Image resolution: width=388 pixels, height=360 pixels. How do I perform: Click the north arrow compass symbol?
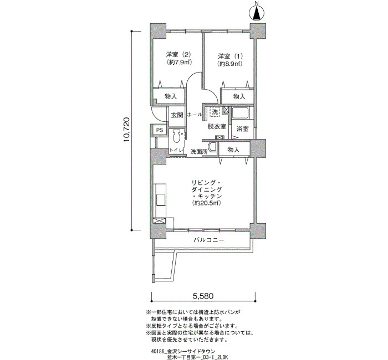[257, 13]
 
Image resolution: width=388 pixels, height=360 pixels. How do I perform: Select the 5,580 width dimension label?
[203, 296]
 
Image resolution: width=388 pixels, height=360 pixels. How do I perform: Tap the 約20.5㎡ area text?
[206, 203]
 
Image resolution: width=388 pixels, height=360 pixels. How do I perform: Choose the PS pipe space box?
[160, 130]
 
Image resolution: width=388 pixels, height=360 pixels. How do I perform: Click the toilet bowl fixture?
[177, 136]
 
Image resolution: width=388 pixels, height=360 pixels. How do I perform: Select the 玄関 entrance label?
[177, 115]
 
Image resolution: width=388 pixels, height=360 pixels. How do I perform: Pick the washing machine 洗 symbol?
[215, 112]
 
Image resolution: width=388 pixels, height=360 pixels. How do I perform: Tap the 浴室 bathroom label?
[243, 129]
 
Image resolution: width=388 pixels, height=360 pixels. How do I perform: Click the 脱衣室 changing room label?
[217, 126]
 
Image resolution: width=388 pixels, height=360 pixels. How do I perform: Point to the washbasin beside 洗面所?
[212, 148]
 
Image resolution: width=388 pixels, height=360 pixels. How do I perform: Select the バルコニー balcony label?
[209, 240]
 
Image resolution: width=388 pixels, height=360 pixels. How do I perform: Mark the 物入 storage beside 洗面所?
[234, 150]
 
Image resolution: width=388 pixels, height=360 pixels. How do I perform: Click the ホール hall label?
[195, 115]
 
